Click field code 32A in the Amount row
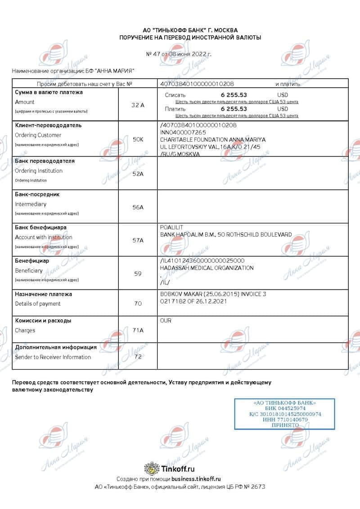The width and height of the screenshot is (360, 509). click(x=138, y=105)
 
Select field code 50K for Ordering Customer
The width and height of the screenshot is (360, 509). click(x=138, y=139)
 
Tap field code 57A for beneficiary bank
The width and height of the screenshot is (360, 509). click(x=138, y=241)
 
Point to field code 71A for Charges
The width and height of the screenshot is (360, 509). click(x=138, y=330)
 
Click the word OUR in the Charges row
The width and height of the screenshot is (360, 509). click(x=166, y=321)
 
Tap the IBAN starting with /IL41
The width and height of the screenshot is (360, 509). click(x=202, y=261)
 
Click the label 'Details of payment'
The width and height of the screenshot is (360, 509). click(x=38, y=304)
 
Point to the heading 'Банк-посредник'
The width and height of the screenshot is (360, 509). click(x=37, y=194)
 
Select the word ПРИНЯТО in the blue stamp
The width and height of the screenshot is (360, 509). click(x=285, y=425)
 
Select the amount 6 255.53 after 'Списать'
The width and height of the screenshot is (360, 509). click(x=234, y=95)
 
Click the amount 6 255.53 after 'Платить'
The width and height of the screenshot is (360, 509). click(x=234, y=109)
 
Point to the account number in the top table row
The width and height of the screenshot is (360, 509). click(x=197, y=84)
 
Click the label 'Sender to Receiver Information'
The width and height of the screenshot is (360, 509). click(x=53, y=357)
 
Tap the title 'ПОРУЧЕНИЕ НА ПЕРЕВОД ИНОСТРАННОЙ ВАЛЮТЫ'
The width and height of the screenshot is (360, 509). click(x=190, y=38)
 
